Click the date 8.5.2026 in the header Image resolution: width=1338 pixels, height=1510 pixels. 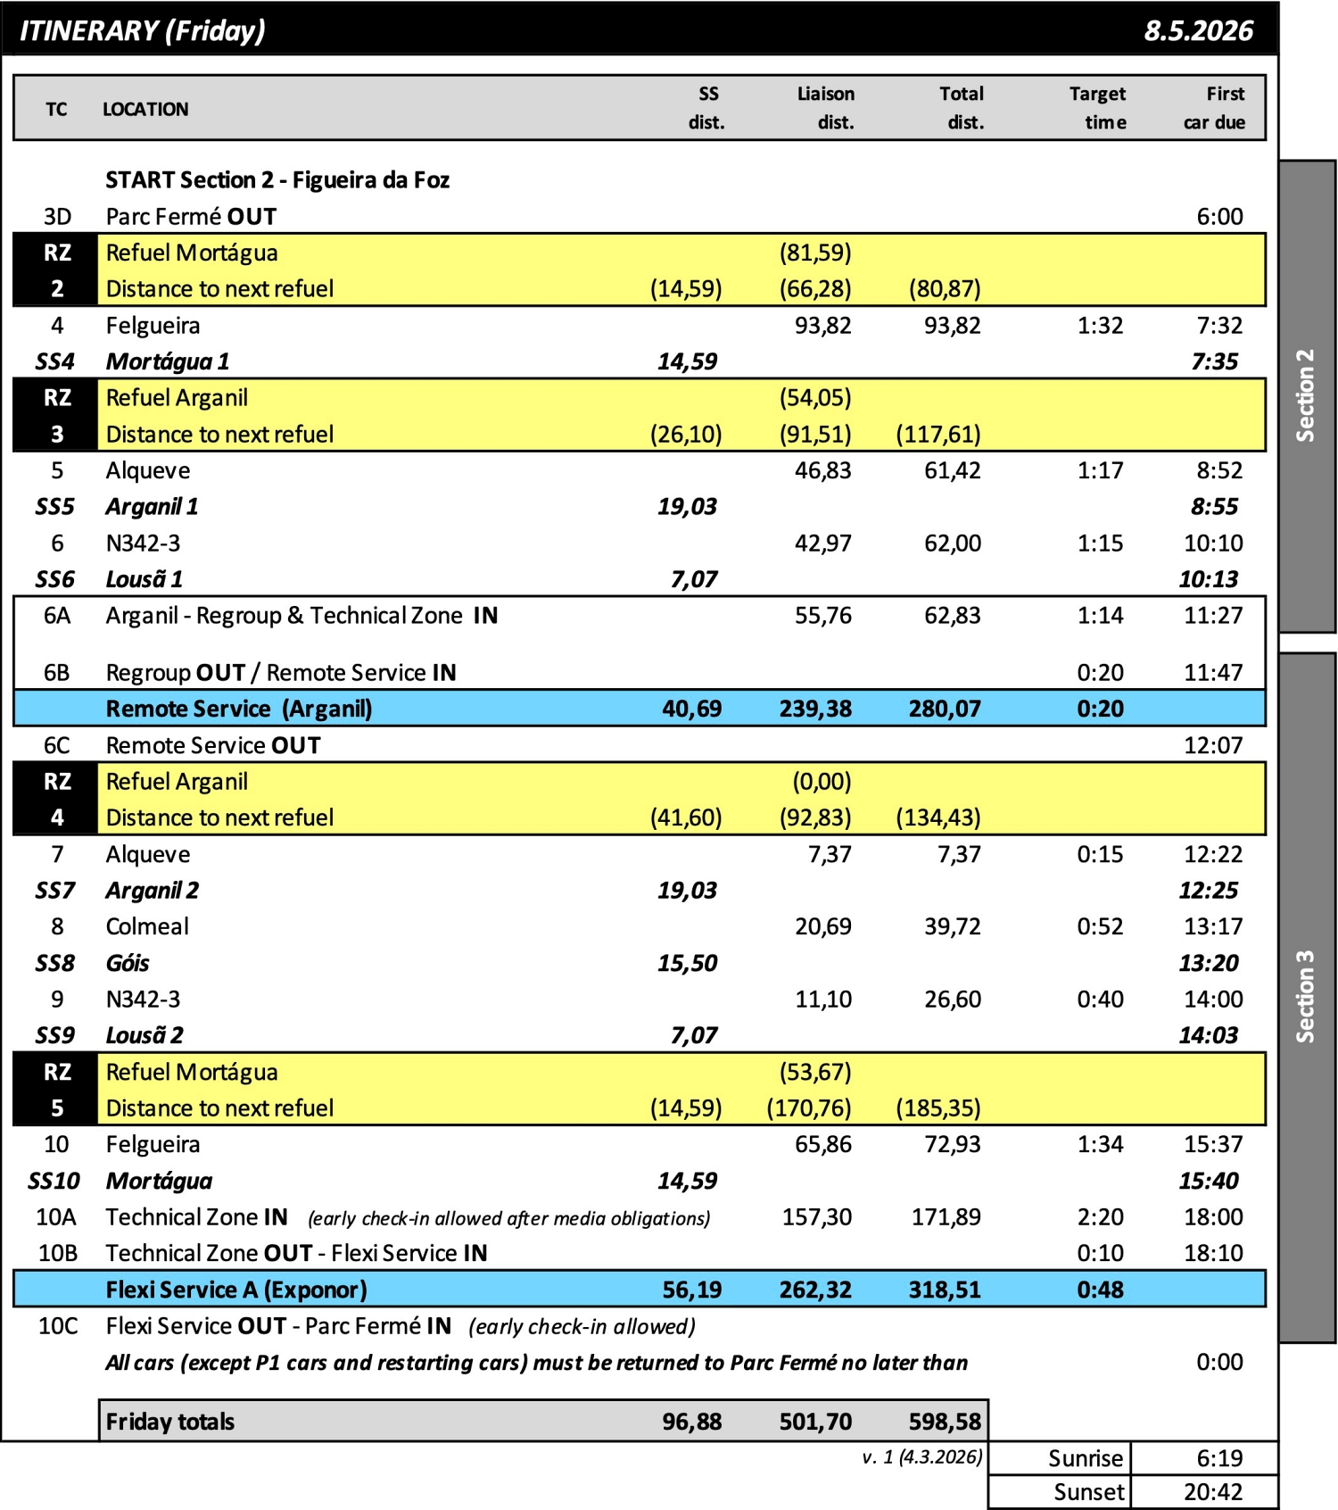click(1198, 31)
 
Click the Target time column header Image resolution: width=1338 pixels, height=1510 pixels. click(1097, 108)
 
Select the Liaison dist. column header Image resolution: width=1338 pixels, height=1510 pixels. click(825, 108)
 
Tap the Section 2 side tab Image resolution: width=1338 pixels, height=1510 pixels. click(1306, 395)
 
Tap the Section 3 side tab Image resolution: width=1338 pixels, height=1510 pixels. click(1306, 996)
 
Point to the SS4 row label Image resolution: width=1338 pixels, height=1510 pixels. click(55, 361)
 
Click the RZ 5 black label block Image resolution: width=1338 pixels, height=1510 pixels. click(56, 1090)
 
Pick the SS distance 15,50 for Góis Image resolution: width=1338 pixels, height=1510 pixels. click(687, 963)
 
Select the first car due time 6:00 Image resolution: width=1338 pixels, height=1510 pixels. click(1218, 217)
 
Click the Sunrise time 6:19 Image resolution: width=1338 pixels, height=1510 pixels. click(1218, 1458)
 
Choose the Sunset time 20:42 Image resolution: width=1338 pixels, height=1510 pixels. click(1212, 1492)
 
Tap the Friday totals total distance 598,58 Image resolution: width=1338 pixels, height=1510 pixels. click(944, 1422)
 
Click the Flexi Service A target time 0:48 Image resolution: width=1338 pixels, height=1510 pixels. click(1100, 1290)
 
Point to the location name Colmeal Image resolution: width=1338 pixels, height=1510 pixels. click(147, 926)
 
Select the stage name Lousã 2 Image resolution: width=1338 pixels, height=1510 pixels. click(145, 1035)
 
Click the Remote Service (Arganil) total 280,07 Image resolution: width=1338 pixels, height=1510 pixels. click(944, 709)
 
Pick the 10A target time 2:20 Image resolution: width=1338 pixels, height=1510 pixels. click(1100, 1217)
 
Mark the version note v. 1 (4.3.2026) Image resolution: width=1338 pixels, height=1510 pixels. click(921, 1457)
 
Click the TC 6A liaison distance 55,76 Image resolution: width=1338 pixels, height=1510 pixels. click(822, 616)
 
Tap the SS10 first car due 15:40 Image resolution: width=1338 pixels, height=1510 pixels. click(1208, 1181)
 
